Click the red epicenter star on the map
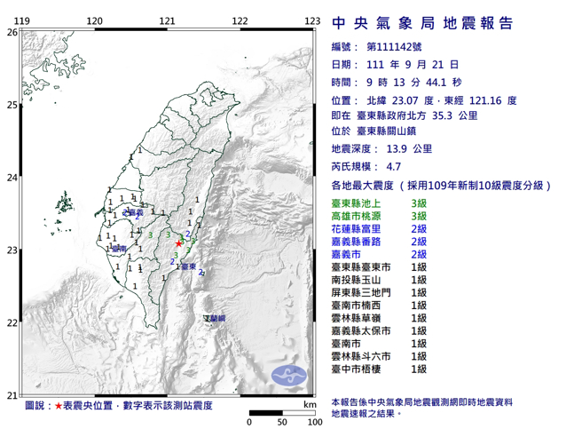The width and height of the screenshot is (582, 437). [x=178, y=242]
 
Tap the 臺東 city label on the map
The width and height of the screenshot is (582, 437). [x=188, y=265]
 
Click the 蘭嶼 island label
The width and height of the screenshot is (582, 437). [x=216, y=317]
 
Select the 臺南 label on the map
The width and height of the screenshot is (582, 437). [x=119, y=250]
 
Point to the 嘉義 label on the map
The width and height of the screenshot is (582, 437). [x=134, y=213]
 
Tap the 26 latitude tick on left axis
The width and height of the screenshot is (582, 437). [x=12, y=32]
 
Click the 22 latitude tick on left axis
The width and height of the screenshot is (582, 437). [x=12, y=323]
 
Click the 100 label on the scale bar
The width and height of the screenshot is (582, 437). [x=313, y=421]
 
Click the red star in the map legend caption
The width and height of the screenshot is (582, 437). [x=59, y=406]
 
